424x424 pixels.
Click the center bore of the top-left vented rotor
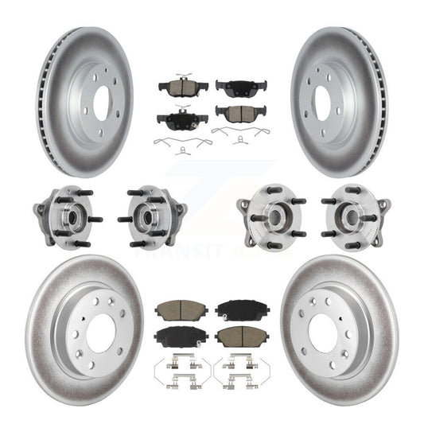102,100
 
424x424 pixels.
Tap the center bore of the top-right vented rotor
322,100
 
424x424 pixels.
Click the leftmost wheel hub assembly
66,216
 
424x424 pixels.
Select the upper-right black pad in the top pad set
240,87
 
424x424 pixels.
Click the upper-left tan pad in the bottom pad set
181,309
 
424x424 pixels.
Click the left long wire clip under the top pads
183,143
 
